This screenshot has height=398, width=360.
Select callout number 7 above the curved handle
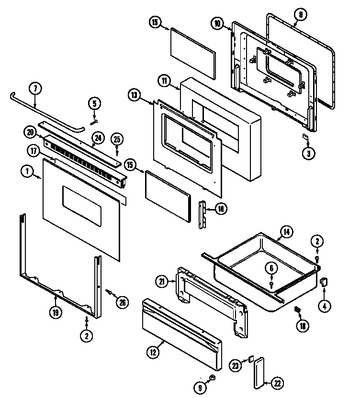34,88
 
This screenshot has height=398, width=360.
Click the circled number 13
134,95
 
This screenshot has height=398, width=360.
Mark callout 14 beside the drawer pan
286,232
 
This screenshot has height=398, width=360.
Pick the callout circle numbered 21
162,282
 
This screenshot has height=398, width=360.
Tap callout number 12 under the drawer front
152,353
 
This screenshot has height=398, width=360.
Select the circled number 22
278,383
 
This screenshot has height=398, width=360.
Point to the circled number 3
308,154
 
